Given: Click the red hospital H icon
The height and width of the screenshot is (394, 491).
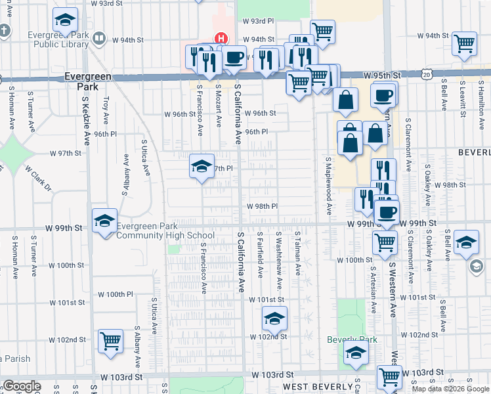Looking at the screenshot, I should click(221, 39).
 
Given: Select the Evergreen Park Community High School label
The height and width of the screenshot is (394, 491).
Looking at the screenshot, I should click(165, 230).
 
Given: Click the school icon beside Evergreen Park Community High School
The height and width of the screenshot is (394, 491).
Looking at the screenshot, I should click(104, 221).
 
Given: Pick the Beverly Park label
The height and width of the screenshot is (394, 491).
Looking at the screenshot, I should click(352, 339).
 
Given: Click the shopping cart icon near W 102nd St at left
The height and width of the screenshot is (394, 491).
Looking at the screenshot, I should click(110, 341).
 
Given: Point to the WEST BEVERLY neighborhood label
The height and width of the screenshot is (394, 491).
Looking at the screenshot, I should click(317, 387).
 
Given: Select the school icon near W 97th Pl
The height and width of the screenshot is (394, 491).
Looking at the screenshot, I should click(202, 165).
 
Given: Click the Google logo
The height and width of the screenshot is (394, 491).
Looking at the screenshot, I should click(22, 386).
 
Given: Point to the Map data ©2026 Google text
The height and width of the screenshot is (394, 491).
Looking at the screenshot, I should click(450, 389).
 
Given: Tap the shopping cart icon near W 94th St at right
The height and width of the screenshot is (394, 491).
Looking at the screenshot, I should click(463, 44).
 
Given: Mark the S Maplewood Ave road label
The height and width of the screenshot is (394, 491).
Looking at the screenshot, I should click(328, 185).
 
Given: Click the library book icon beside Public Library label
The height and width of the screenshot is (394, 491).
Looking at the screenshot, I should click(98, 39).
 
